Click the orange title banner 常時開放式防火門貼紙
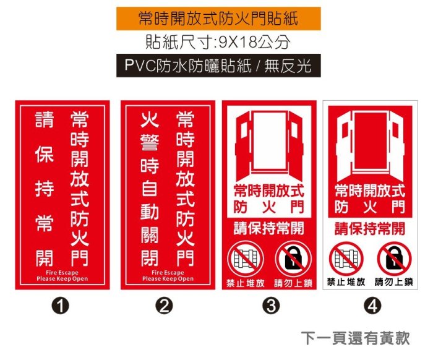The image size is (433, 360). pyautogui.click(x=218, y=19)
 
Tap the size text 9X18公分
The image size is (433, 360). pyautogui.click(x=254, y=42)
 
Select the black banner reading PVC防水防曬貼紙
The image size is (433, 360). pyautogui.click(x=218, y=66)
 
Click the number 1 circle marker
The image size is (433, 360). pyautogui.click(x=61, y=306)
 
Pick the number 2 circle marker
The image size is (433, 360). pyautogui.click(x=165, y=306)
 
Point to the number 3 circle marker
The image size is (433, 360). pyautogui.click(x=271, y=306)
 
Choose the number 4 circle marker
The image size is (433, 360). pyautogui.click(x=372, y=306)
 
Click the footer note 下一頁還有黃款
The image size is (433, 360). pyautogui.click(x=356, y=338)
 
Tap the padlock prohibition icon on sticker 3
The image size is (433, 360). pyautogui.click(x=293, y=259)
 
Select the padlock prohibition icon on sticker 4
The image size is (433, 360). pyautogui.click(x=395, y=259)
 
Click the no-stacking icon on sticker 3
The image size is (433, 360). pyautogui.click(x=245, y=259)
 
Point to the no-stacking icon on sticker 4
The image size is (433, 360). pyautogui.click(x=346, y=259)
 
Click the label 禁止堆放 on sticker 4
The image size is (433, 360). pyautogui.click(x=346, y=282)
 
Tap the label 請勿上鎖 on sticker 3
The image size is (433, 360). pyautogui.click(x=293, y=283)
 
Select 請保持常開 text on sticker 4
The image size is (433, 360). pyautogui.click(x=370, y=229)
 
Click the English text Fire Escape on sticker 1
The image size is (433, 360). pyautogui.click(x=62, y=273)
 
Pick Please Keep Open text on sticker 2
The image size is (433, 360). pyautogui.click(x=168, y=278)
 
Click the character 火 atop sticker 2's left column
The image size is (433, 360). pyautogui.click(x=150, y=120)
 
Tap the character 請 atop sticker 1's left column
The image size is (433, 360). pyautogui.click(x=44, y=119)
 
